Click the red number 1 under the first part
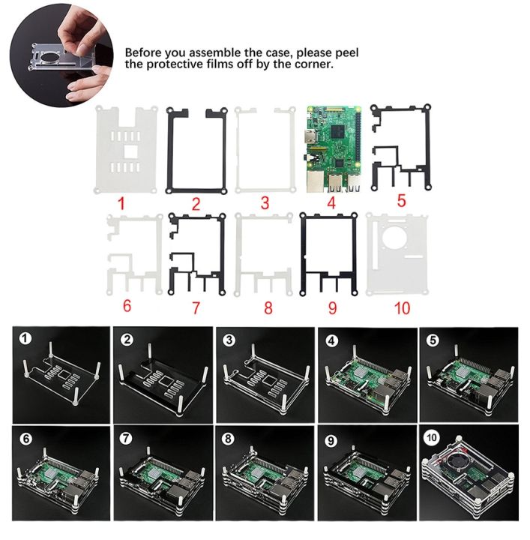coord(125,202)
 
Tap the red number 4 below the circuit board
coord(331,202)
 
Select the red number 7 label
coord(195,306)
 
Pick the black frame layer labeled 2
coord(170,150)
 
